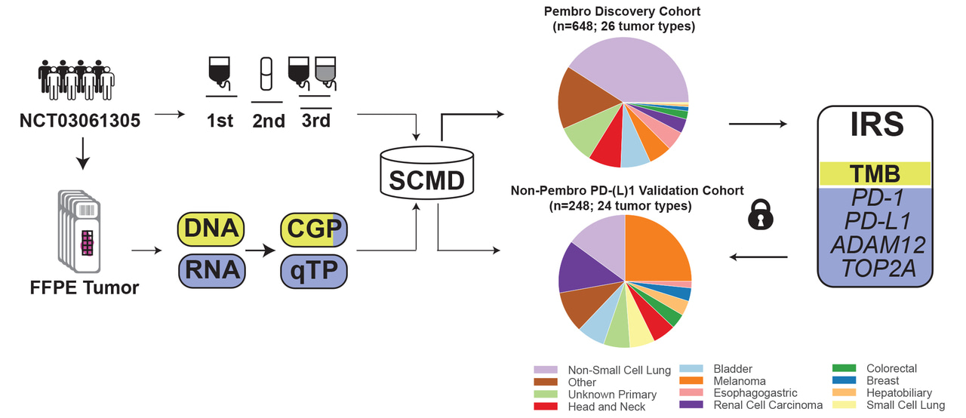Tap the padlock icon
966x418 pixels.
tap(761, 216)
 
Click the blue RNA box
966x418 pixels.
tap(211, 270)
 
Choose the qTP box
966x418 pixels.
tap(313, 270)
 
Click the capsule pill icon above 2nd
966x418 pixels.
tap(265, 75)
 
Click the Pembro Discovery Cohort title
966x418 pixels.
tap(623, 12)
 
